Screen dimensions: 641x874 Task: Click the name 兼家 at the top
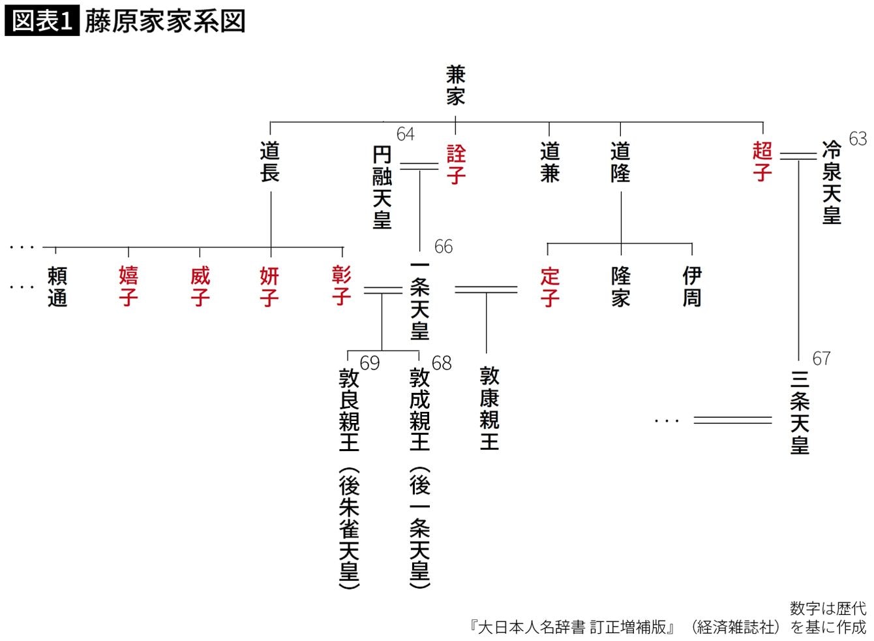455,85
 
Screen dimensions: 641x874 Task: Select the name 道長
270,162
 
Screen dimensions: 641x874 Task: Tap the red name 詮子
456,164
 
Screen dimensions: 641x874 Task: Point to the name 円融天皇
382,187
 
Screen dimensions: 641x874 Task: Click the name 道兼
549,162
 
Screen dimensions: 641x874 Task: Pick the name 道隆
620,162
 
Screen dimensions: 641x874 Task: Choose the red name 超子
762,161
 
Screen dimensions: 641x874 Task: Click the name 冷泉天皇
832,183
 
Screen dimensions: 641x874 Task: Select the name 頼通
57,287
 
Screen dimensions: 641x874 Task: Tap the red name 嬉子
128,287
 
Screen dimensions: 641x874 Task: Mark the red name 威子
200,287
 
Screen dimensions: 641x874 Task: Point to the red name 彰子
342,285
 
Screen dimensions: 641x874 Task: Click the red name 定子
549,287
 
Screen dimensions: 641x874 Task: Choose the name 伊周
691,287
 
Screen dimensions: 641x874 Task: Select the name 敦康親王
489,408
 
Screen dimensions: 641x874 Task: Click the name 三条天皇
800,412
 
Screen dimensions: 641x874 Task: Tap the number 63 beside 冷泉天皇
858,138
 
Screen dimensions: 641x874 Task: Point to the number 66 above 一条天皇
444,247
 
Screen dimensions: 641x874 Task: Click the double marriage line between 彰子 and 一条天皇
382,290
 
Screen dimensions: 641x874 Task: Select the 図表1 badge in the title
42,21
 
